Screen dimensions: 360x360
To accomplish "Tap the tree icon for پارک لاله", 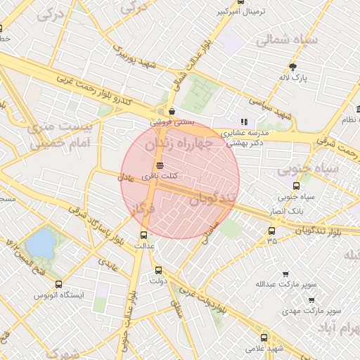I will [292, 67].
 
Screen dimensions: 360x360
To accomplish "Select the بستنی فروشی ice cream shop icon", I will [172, 110].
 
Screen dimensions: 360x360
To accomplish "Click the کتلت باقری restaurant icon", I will [160, 164].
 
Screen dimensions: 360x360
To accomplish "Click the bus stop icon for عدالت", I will [144, 235].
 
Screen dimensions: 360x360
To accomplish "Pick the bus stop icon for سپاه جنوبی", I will [296, 186].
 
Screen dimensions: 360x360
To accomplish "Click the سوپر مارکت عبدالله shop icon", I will [285, 274].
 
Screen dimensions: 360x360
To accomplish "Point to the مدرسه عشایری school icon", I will [244, 122].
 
